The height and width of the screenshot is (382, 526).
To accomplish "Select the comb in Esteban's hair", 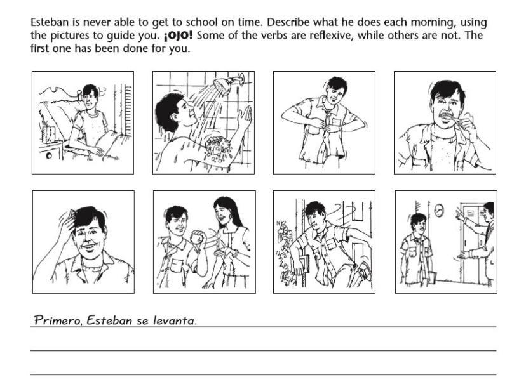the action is [72, 214].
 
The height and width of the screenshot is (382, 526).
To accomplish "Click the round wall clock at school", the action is [439, 211].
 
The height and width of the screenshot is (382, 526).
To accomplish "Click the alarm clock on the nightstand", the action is [49, 135].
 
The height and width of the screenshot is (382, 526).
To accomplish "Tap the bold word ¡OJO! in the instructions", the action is [178, 35].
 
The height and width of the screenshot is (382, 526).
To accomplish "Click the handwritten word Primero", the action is [57, 320].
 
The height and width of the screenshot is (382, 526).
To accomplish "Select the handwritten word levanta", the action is [174, 320].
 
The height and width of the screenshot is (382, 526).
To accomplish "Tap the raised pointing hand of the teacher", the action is [460, 214].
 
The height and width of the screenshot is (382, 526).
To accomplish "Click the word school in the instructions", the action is [203, 22].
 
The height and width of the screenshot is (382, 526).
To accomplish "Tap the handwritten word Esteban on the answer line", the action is [109, 320].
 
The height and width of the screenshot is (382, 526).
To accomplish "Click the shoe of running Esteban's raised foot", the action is [364, 272].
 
